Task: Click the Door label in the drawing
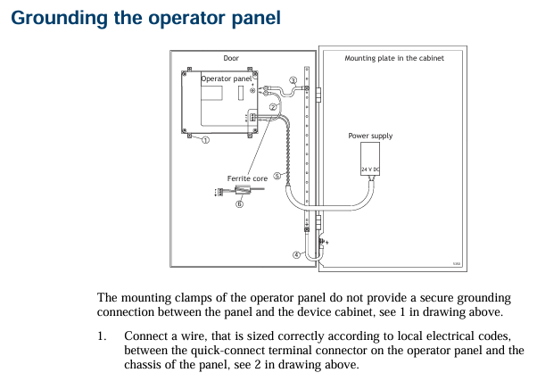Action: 231,58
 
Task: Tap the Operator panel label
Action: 227,79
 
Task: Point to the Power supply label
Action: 370,136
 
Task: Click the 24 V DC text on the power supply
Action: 371,168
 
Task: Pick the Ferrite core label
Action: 247,178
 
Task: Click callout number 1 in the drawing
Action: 205,140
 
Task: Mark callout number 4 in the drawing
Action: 298,254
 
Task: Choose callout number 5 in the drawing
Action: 277,176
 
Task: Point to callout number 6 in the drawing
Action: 239,203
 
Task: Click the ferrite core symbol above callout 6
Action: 239,190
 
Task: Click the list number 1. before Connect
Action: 103,335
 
